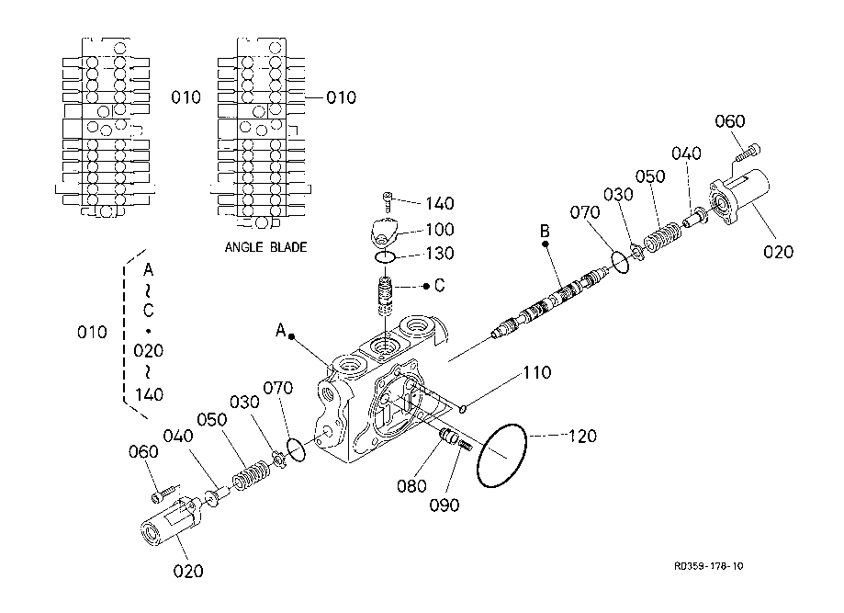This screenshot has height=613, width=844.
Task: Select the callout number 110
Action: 537,372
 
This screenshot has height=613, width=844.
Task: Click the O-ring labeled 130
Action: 386,257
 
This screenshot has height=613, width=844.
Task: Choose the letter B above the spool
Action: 545,231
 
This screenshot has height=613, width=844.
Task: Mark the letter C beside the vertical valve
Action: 439,286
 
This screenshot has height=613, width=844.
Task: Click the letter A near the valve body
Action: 280,330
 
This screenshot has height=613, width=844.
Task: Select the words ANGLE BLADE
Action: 266,247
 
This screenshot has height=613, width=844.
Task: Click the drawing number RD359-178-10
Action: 708,566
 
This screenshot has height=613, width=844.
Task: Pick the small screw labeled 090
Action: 465,445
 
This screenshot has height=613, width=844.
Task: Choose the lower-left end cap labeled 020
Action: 169,521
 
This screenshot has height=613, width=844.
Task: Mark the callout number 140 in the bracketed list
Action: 149,395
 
